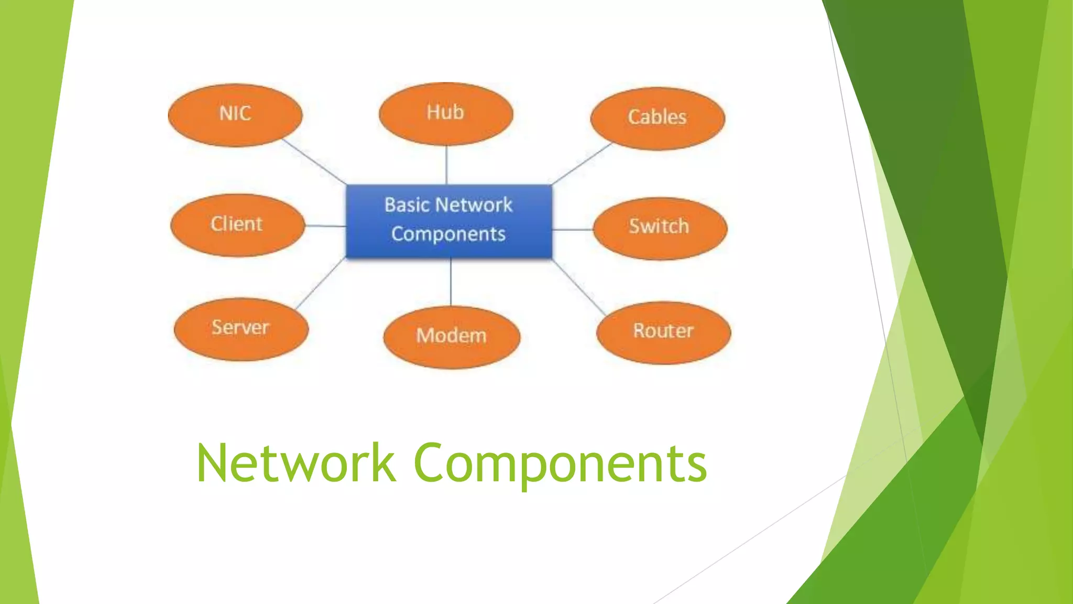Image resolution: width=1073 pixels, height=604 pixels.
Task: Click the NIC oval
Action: (x=235, y=115)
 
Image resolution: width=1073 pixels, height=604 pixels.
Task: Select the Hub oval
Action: (x=446, y=114)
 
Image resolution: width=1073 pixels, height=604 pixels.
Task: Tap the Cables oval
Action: (x=658, y=118)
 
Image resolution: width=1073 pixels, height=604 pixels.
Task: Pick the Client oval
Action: (x=237, y=225)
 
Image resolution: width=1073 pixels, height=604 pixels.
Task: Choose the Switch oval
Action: (x=660, y=228)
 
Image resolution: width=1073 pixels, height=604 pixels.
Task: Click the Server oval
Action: (x=241, y=329)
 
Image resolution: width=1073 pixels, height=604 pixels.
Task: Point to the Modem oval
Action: (x=452, y=337)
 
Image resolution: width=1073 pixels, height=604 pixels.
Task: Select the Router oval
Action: (x=663, y=332)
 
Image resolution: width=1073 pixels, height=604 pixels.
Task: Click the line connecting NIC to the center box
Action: (x=314, y=161)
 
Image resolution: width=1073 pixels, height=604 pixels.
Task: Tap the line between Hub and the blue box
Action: (x=446, y=165)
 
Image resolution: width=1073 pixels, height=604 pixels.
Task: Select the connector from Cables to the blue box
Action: (x=582, y=163)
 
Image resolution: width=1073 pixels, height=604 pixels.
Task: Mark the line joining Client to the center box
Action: (x=325, y=226)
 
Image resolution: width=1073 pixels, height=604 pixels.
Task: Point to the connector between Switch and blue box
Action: (x=572, y=229)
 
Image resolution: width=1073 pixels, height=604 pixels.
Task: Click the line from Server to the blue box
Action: (x=321, y=283)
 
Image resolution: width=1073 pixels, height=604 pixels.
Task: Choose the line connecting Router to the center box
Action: (x=579, y=287)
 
